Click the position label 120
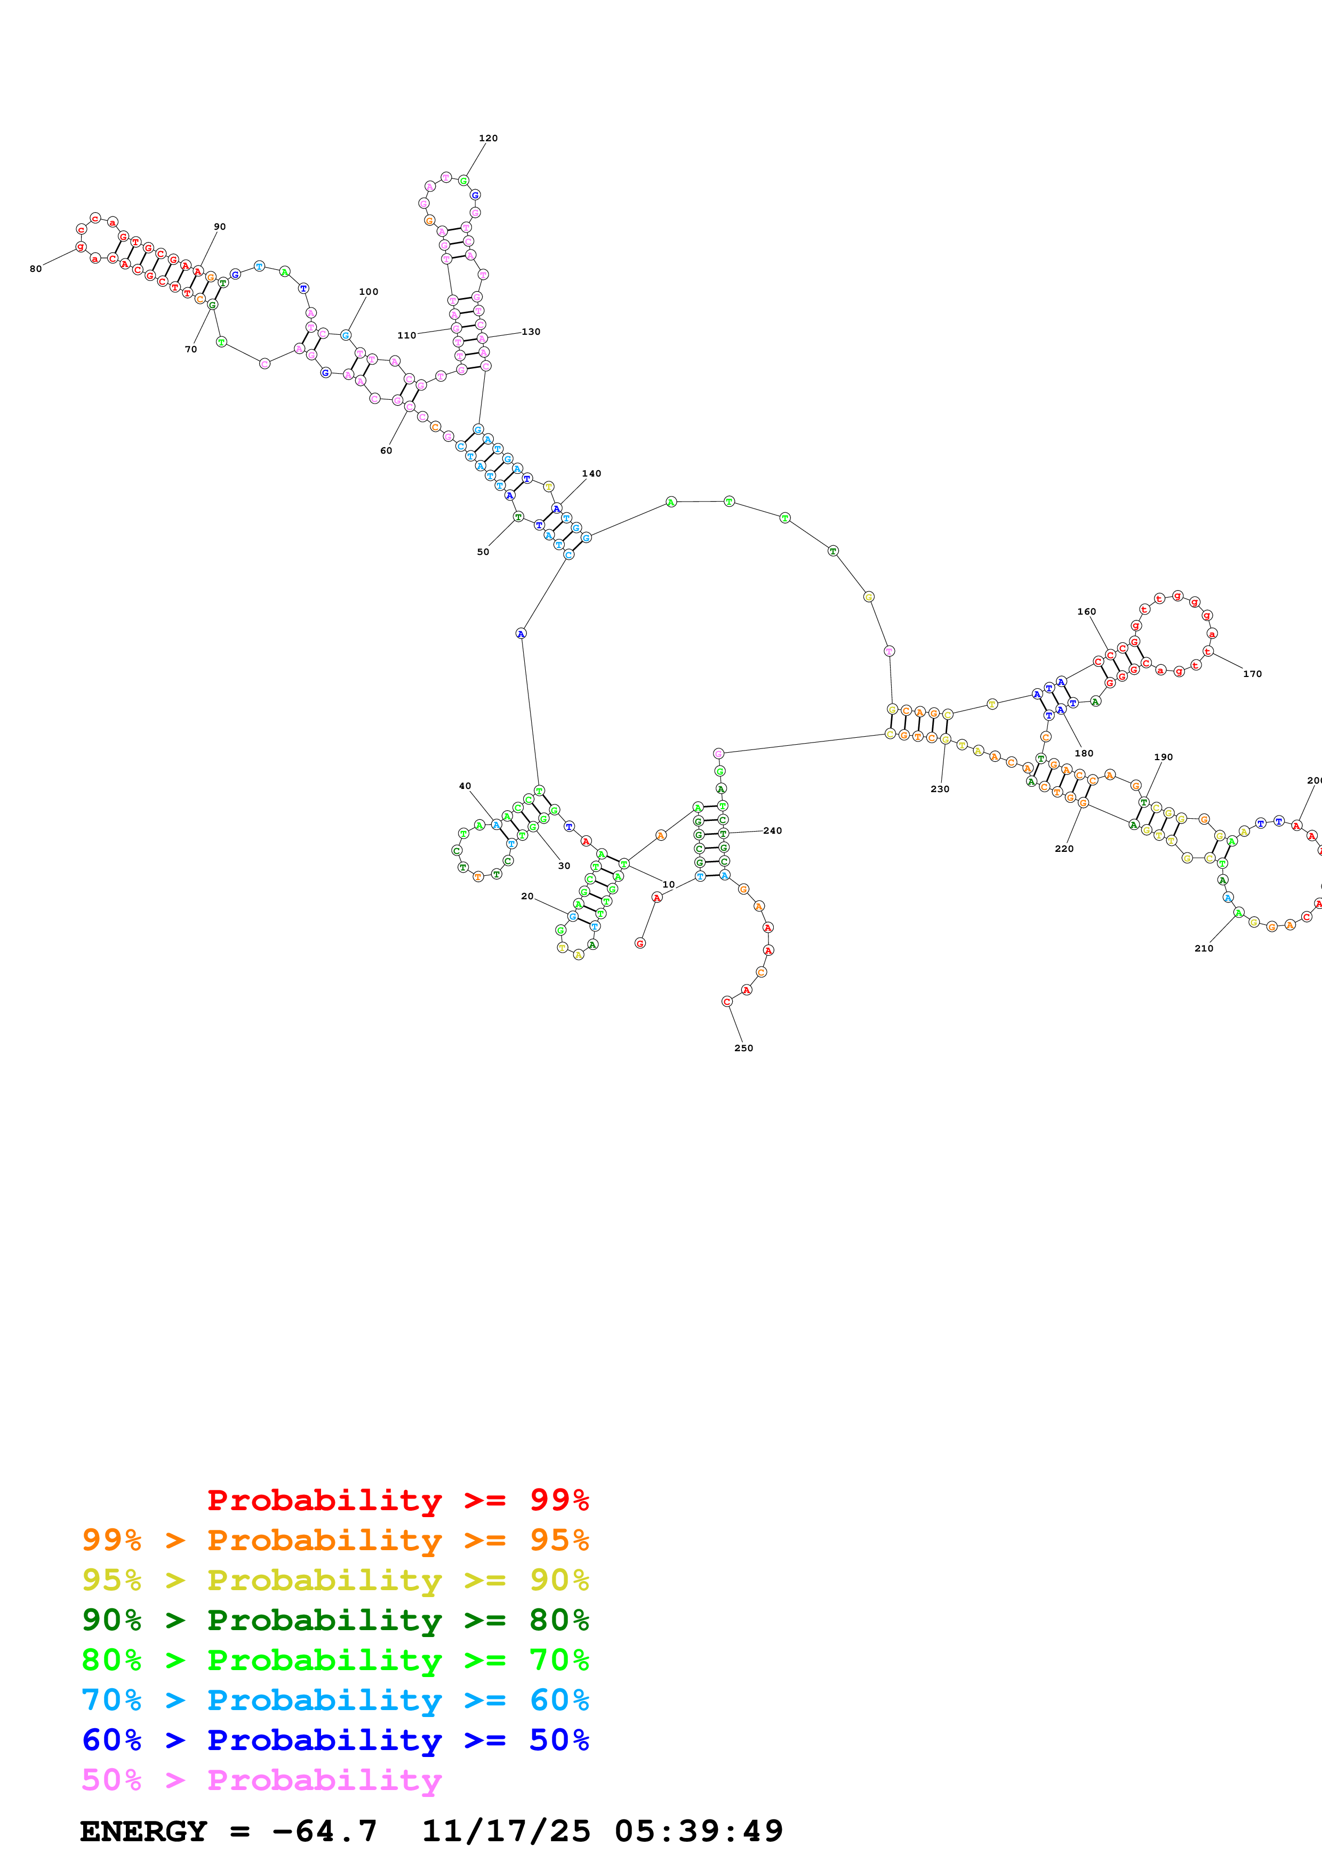tap(488, 139)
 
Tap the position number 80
tap(36, 269)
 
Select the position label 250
tap(744, 1048)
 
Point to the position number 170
tap(1252, 674)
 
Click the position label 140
tap(591, 473)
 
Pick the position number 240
tap(772, 831)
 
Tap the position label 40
tap(464, 786)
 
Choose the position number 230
tap(940, 789)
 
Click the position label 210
tap(1204, 948)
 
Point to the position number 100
tap(368, 292)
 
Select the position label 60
tap(386, 450)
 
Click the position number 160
tap(1087, 611)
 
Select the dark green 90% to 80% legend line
tap(335, 1620)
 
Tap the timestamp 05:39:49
tap(698, 1831)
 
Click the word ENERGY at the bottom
tap(143, 1831)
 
